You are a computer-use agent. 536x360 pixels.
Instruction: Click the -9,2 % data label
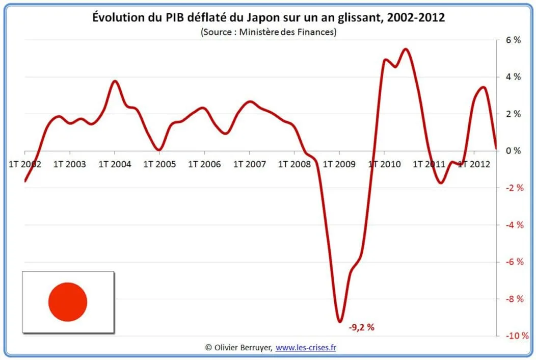[x=361, y=327]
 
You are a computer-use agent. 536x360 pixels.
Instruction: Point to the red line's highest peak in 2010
[x=406, y=49]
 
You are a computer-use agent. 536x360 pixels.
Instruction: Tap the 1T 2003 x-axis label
[x=69, y=164]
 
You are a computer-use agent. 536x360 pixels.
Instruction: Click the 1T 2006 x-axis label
[x=204, y=164]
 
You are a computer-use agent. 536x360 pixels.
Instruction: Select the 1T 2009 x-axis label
[x=339, y=164]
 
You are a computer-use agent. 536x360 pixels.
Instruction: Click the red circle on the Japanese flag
[x=68, y=302]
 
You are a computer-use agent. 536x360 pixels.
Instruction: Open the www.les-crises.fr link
[x=306, y=347]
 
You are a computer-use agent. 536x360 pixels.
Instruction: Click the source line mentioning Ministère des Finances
[x=269, y=31]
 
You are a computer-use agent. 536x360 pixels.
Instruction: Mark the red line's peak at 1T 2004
[x=115, y=81]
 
